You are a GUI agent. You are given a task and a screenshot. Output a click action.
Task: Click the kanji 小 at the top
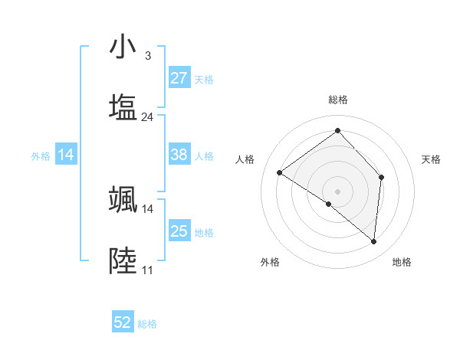[123, 47]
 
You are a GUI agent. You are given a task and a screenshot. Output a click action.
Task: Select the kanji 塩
[123, 107]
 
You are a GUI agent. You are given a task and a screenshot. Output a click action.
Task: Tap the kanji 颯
[123, 199]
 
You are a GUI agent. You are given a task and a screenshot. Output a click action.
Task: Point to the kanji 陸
[123, 260]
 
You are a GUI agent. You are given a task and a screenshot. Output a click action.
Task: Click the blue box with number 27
[179, 78]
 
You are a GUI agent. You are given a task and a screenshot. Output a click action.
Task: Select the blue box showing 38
[179, 155]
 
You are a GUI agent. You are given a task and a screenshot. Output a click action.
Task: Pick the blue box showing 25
[179, 231]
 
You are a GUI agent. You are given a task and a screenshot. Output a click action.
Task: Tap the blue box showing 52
[123, 322]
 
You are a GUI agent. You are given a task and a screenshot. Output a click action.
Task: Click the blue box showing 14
[66, 155]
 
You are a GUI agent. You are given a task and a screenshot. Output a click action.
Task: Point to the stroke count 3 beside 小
[147, 56]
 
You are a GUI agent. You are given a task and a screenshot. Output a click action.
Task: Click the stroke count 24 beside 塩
[147, 117]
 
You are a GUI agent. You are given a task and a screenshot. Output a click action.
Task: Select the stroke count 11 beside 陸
[147, 270]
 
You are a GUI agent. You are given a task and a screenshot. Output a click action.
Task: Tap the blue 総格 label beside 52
[148, 324]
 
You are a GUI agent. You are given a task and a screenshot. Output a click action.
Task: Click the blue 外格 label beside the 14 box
[41, 156]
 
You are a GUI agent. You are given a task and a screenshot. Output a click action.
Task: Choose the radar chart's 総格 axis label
[338, 100]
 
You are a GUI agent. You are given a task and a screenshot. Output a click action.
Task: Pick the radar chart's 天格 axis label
[432, 159]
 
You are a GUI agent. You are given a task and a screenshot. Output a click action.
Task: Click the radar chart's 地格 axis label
[402, 262]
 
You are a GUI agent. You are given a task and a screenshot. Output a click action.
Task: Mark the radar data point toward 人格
[280, 173]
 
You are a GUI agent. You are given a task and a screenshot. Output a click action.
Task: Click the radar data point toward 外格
[329, 204]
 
